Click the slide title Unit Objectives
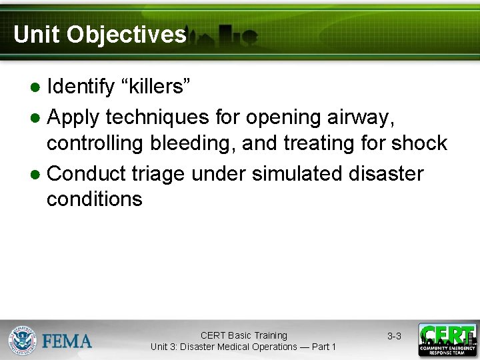tap(99, 34)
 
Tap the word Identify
tap(80, 86)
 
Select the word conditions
tap(94, 199)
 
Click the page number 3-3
tap(394, 336)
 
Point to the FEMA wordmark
tap(67, 341)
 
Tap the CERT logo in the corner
tap(447, 340)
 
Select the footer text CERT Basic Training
tap(243, 335)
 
